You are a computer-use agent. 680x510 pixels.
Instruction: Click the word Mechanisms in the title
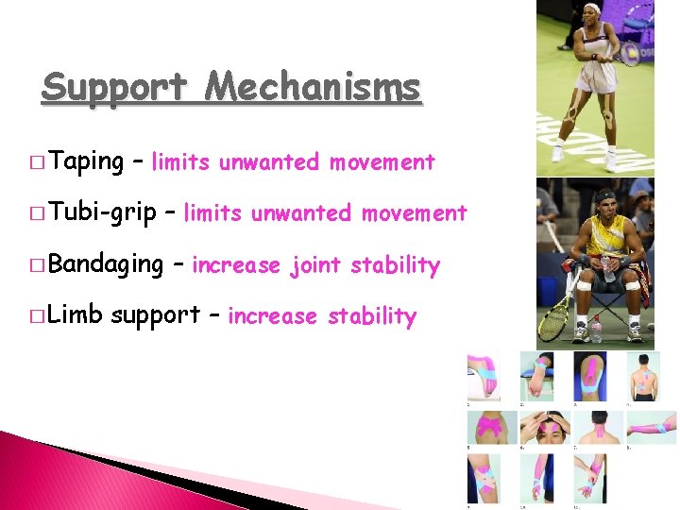coord(313,88)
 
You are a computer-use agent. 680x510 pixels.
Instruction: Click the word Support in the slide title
coord(115,88)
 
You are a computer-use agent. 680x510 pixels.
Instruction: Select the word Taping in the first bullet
coord(85,161)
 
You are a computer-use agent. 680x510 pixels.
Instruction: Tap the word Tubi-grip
coord(101,212)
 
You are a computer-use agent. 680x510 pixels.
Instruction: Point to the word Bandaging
coord(105,263)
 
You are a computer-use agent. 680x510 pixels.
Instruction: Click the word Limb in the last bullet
coord(76,314)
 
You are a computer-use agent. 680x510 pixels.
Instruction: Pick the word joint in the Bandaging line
coord(317,265)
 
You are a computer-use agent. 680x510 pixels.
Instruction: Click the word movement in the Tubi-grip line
coord(415,213)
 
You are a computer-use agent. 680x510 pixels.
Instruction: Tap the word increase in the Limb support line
coord(272,316)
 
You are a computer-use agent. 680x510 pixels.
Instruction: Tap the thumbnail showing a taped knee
coord(591,373)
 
